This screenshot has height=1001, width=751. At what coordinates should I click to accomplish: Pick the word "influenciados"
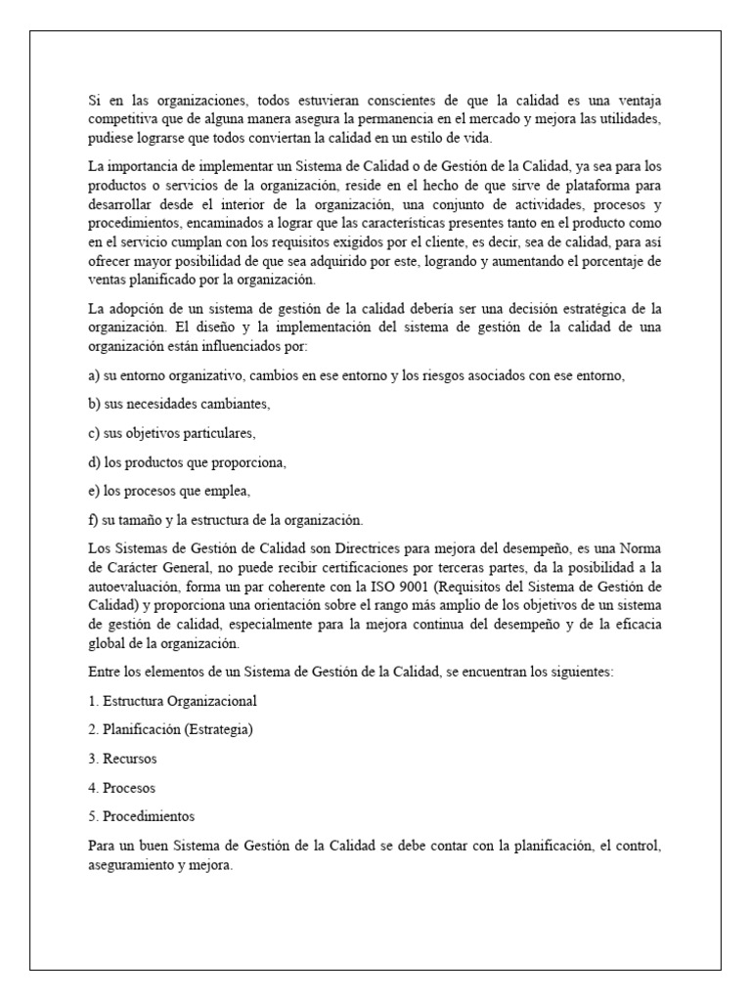(x=248, y=346)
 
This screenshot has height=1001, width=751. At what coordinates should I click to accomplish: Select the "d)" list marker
(x=94, y=461)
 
